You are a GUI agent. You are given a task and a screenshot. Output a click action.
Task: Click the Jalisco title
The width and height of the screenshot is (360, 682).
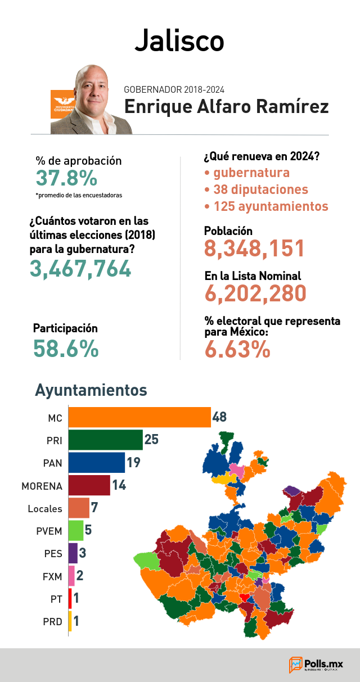pos(179,41)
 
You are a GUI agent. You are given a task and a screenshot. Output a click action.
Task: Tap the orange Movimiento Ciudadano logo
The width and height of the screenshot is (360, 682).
pos(62,104)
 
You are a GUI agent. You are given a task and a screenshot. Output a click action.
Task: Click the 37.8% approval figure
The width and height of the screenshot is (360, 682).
pos(66,178)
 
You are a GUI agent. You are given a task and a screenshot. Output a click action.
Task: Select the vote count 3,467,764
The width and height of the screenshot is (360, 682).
pos(80,269)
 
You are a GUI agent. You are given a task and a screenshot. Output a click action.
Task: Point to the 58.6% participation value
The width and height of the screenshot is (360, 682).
pos(66,349)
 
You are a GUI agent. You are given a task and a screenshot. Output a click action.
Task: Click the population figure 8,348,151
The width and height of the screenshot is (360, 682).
pos(254,249)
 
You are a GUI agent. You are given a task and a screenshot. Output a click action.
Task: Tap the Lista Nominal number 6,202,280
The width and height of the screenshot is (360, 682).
pos(255,293)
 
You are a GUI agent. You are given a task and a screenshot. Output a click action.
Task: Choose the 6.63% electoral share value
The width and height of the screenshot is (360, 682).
pos(237,349)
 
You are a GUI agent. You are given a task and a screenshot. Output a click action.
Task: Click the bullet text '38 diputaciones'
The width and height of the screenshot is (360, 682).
pos(260,189)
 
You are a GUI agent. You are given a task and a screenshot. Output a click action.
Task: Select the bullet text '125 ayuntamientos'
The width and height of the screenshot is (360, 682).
pos(271,206)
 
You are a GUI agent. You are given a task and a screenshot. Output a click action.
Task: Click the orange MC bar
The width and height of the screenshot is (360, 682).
pos(139,417)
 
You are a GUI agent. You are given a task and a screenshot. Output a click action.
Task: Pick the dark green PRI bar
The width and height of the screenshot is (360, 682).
pos(105,440)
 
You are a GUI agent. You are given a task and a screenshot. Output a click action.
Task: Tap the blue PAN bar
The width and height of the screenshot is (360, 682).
pos(97,463)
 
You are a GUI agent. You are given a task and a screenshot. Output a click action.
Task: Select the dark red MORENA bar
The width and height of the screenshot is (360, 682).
pos(89,485)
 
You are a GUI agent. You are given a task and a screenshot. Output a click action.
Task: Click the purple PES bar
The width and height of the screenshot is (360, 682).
pos(73,553)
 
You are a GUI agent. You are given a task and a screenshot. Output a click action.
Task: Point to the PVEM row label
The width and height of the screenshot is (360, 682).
pos(49,531)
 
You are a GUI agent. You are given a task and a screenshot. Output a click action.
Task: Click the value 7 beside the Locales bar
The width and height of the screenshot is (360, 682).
pos(94,507)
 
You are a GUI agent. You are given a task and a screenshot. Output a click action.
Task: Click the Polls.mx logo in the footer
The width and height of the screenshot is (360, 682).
pos(316,665)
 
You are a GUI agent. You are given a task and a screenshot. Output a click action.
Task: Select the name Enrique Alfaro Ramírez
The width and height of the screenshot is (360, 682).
pos(226,107)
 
